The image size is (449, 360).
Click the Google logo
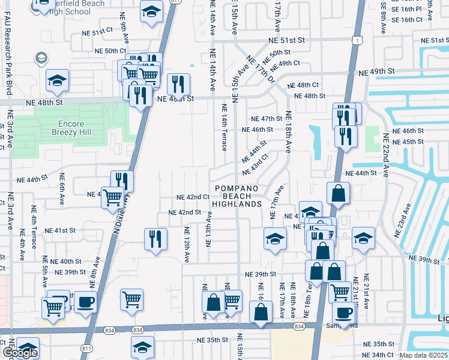pyautogui.click(x=20, y=353)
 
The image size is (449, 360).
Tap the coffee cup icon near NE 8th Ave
pyautogui.click(x=85, y=301)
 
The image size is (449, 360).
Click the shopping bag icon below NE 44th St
pyautogui.click(x=338, y=193)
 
